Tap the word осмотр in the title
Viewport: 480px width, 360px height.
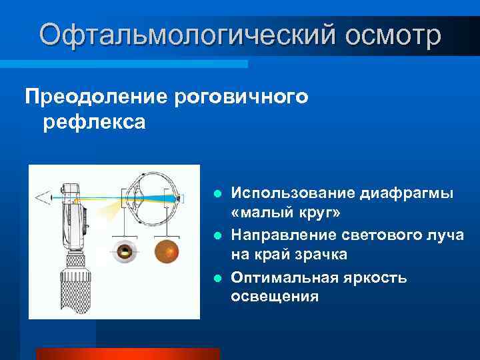point(393,35)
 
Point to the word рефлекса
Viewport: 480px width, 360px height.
point(94,123)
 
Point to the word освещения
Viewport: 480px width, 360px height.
point(275,297)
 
